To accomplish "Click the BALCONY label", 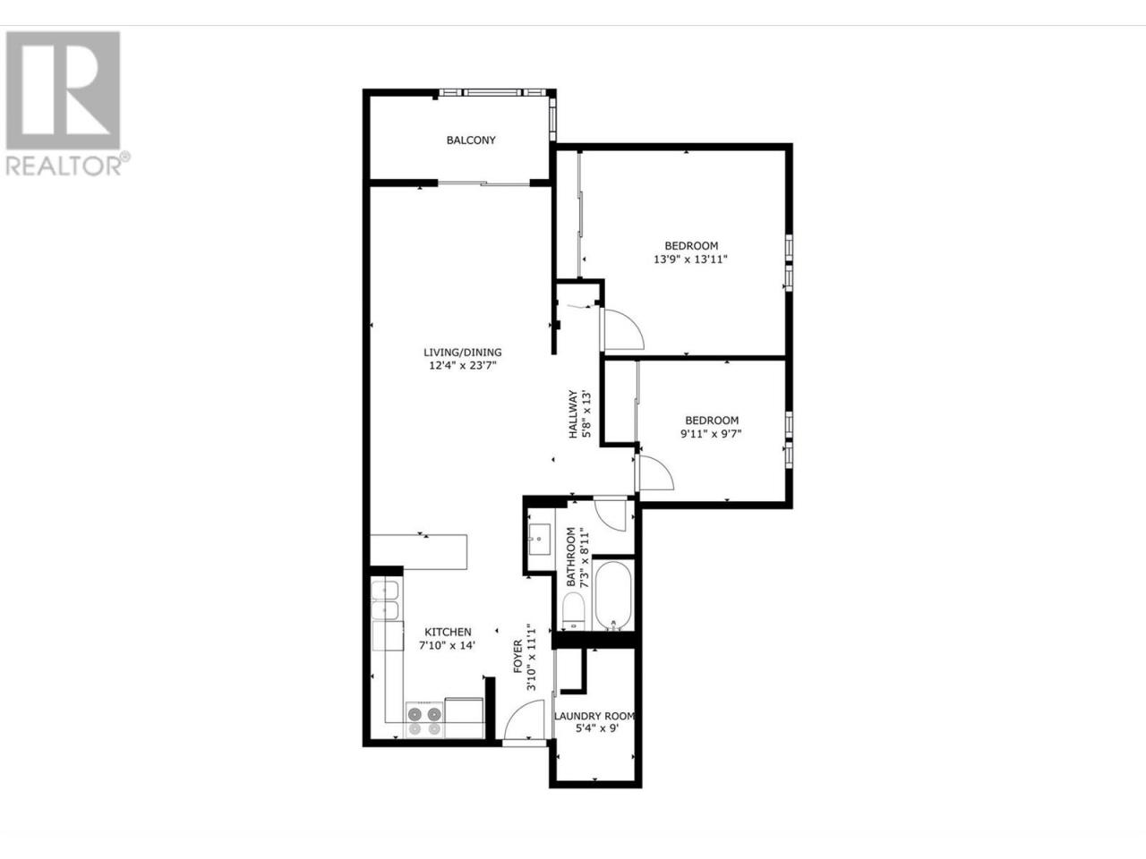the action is pos(470,140).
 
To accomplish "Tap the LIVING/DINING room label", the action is pos(463,352).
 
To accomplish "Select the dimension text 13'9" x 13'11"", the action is pos(690,259).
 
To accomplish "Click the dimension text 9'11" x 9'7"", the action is pos(711,433).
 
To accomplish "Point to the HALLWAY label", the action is pos(573,414).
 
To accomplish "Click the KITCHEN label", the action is pos(448,632).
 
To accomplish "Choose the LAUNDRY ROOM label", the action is pos(594,716).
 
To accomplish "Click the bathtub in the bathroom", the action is pos(613,595).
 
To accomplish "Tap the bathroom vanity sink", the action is pos(540,539).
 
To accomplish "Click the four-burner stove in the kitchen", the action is pos(424,720).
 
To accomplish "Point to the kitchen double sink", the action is pos(385,600).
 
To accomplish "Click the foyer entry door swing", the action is pos(523,719).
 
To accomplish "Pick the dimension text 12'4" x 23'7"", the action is pos(463,366).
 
